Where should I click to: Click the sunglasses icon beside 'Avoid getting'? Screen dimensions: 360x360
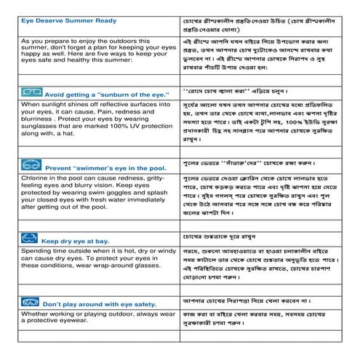[31, 93]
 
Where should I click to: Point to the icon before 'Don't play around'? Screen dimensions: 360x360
[31, 302]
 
